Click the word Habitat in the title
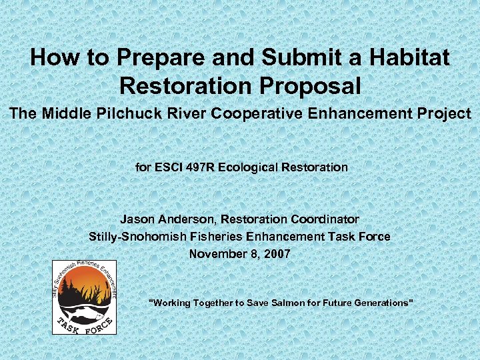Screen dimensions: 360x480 406,57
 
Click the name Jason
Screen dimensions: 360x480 137,219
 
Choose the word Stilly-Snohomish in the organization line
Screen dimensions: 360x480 136,237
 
